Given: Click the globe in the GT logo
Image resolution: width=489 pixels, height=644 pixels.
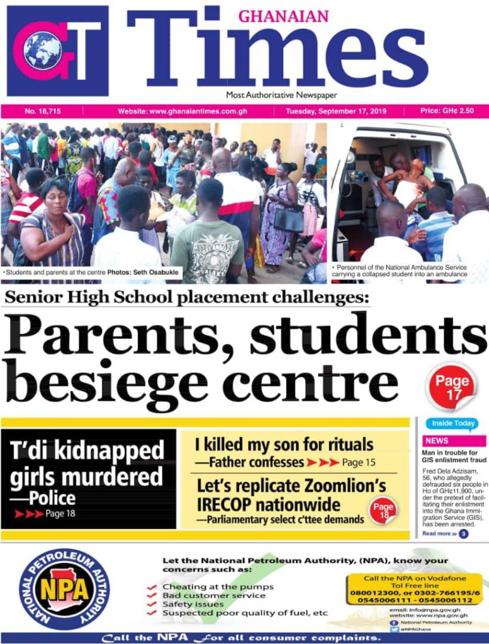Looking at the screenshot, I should point(42,50).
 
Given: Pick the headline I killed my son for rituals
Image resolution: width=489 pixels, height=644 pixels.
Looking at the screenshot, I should point(284,445).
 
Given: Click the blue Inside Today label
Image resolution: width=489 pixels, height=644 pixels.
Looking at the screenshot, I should point(451,424).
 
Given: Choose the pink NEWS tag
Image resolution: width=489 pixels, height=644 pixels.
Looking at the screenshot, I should point(437,441).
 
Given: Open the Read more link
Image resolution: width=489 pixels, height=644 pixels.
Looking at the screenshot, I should point(439,533).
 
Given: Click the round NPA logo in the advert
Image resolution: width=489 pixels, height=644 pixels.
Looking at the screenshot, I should point(64,589).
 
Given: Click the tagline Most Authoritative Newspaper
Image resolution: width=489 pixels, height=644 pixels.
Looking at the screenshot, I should point(282,95).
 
